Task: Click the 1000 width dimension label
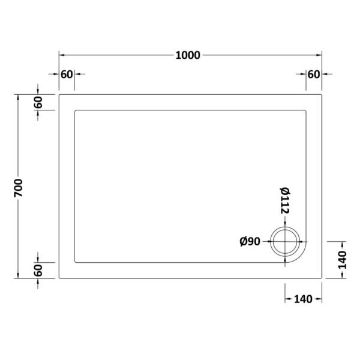tap(188, 55)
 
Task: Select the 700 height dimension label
tap(19, 188)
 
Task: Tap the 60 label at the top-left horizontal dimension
tap(67, 74)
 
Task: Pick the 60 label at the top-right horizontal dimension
tap(314, 74)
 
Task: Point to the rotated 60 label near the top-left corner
tap(38, 102)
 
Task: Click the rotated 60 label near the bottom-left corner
tap(38, 270)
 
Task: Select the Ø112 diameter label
tap(285, 200)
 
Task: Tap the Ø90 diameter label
tap(250, 242)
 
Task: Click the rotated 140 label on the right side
tap(343, 260)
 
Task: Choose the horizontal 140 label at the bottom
tap(303, 299)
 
